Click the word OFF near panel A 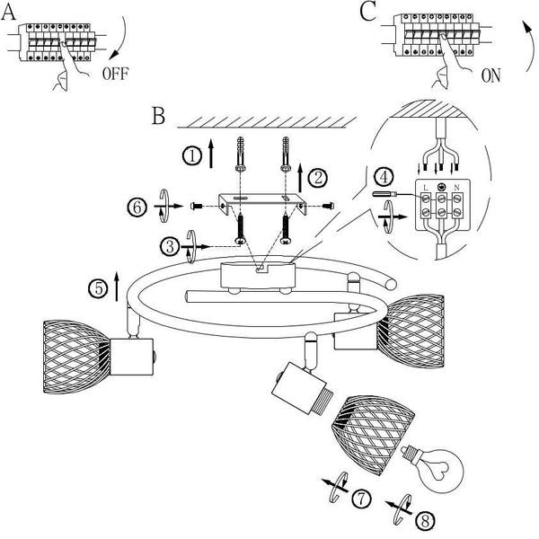(116, 74)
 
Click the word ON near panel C (490, 75)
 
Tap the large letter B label (158, 116)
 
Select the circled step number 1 (192, 156)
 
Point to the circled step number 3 (170, 246)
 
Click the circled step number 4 (384, 177)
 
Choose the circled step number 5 (99, 288)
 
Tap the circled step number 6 (137, 208)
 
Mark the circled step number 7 (362, 499)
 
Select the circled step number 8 (425, 521)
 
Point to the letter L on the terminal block (426, 188)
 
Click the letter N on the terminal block (456, 188)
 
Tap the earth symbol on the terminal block (441, 188)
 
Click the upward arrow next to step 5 (117, 286)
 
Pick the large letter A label (8, 13)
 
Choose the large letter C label (367, 12)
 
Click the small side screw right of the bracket (329, 206)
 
